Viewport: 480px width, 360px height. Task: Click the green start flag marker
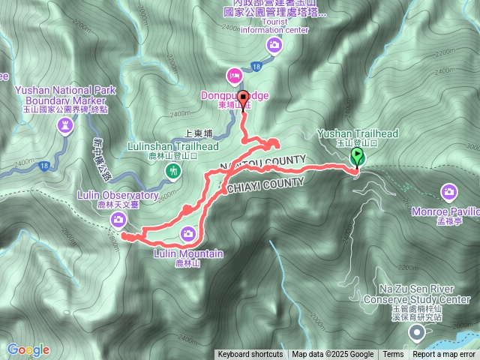[358, 157]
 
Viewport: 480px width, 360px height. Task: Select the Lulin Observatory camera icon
[118, 219]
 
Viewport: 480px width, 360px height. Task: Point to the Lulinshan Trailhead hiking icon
[174, 172]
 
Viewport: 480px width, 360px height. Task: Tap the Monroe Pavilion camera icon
[448, 192]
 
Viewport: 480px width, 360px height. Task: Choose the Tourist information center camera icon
[275, 46]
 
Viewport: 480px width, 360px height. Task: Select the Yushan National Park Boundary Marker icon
[65, 127]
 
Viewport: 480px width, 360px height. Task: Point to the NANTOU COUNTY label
[262, 163]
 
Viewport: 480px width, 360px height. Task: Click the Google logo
[28, 349]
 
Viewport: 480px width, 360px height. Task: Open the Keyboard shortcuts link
[250, 355]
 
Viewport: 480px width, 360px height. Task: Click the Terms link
[393, 355]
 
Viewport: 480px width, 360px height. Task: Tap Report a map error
[444, 355]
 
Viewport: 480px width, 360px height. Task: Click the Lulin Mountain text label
[188, 253]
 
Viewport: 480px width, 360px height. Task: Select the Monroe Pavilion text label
[445, 211]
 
